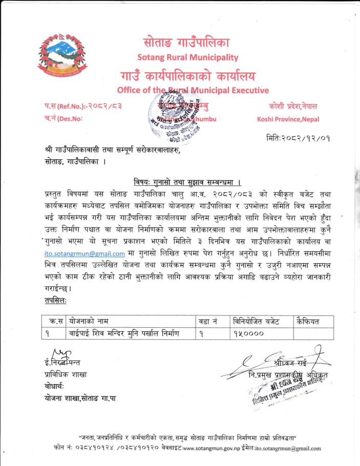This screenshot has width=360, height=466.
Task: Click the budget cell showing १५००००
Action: tap(249, 334)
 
